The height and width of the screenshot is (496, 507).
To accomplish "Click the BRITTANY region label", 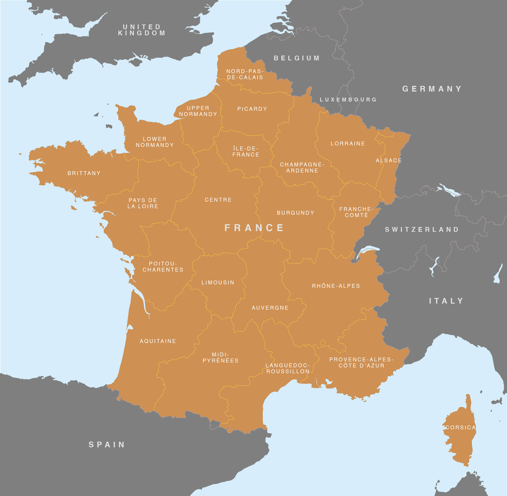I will click(x=84, y=173).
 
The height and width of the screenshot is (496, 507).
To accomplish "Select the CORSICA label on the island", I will click(x=460, y=427).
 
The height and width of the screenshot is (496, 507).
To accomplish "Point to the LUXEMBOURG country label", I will click(x=348, y=100).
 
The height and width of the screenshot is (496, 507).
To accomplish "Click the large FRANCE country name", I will click(x=254, y=228).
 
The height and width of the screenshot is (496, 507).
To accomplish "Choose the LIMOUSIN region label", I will click(x=218, y=282).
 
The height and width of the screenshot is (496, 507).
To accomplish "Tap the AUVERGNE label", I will click(x=270, y=308).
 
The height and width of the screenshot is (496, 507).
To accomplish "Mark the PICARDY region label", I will click(x=252, y=109).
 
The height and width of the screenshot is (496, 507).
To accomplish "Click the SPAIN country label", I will click(x=107, y=444).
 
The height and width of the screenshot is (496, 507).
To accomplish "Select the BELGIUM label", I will click(x=297, y=58).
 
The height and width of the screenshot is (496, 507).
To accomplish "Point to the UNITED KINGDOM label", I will click(x=142, y=30).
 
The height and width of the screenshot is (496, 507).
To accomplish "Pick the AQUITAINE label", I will click(x=158, y=341).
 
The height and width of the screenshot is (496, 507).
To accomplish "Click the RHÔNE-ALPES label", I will click(x=336, y=286).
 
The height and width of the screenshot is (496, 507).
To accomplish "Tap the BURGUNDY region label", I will click(x=295, y=213).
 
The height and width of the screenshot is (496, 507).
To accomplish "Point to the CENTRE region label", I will click(x=218, y=200).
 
